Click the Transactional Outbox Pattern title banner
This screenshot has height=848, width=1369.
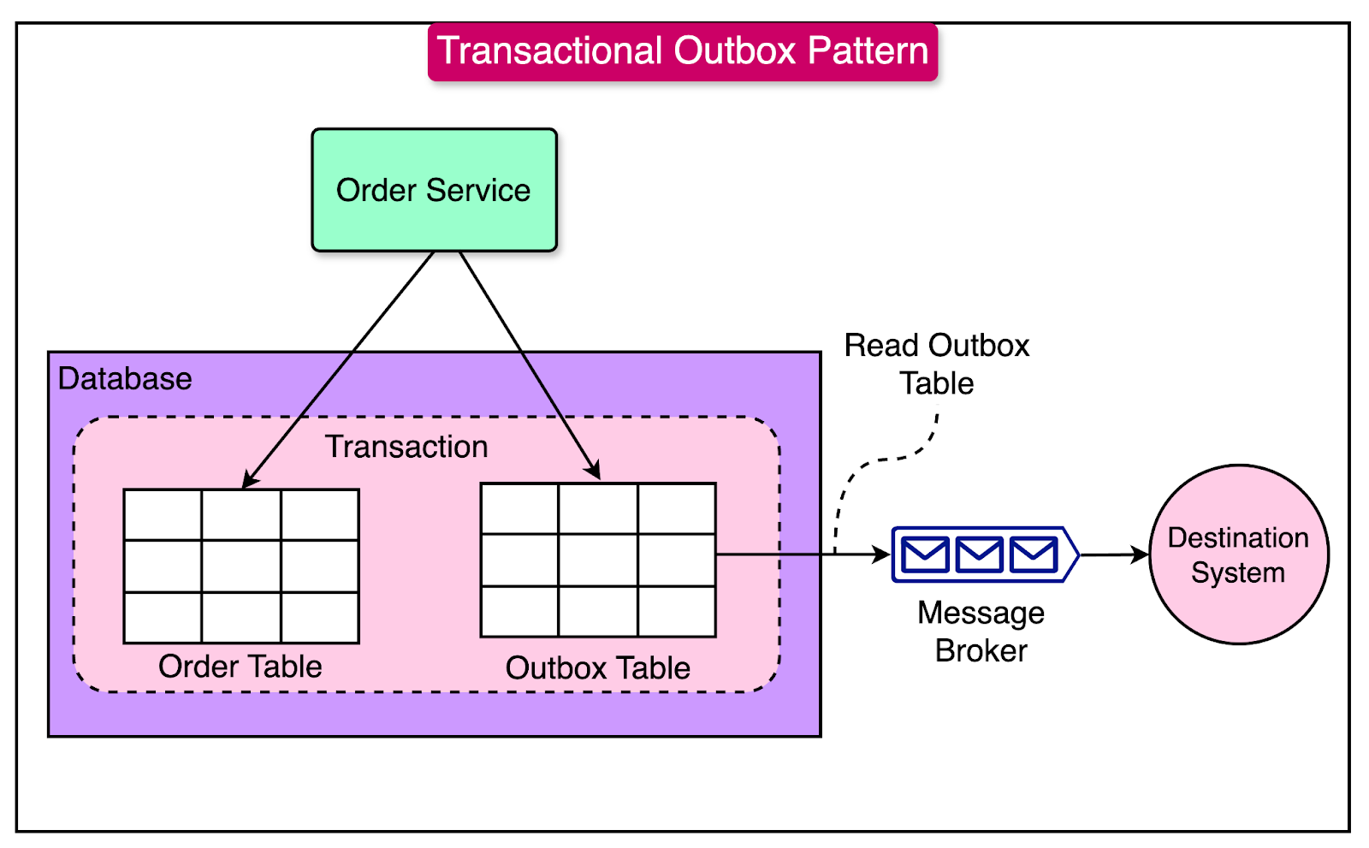point(683,51)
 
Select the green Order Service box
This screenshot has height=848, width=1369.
point(434,190)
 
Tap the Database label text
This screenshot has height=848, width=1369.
point(125,379)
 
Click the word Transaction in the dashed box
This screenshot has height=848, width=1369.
point(406,447)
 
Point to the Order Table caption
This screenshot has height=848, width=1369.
point(240,667)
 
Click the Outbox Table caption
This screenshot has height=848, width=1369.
point(597,668)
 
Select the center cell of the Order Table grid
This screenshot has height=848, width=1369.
point(241,566)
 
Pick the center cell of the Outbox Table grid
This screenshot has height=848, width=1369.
point(598,560)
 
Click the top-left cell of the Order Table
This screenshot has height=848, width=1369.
point(163,515)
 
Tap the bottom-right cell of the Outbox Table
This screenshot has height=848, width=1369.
point(677,612)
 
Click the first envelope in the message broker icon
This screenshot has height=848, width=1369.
point(925,555)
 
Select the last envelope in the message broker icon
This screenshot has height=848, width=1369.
point(1033,555)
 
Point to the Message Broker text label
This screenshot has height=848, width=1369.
point(981,632)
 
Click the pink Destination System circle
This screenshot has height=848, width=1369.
point(1238,554)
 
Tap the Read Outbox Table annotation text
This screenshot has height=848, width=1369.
point(937,365)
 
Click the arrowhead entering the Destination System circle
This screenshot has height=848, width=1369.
point(1140,554)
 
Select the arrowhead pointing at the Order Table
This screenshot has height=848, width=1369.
point(250,480)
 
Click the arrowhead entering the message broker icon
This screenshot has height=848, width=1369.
point(881,554)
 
